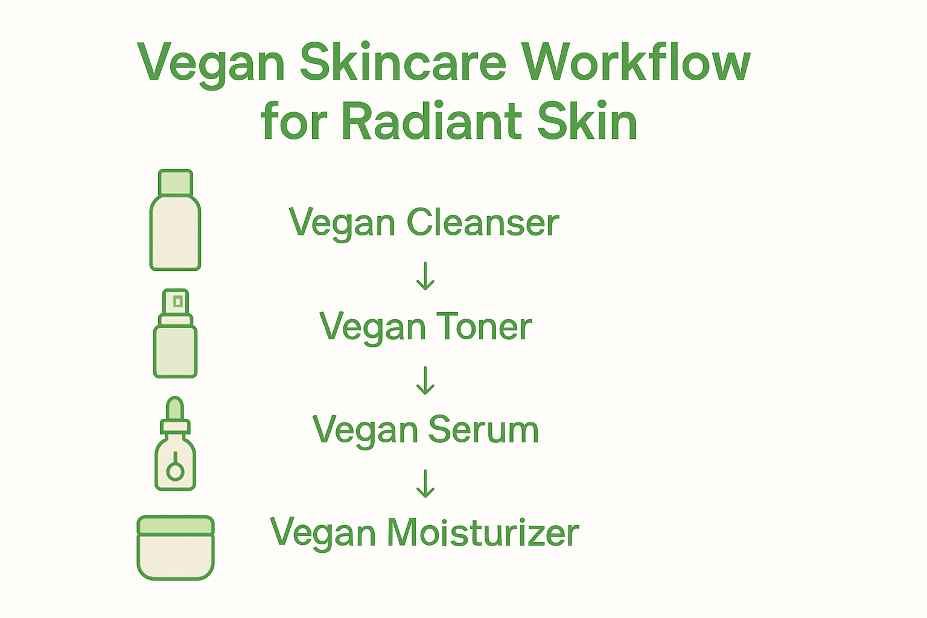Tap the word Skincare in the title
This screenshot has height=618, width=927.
tap(403, 62)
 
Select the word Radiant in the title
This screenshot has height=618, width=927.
tap(432, 122)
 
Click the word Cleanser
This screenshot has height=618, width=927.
tap(483, 223)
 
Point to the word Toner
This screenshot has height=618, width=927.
tap(483, 327)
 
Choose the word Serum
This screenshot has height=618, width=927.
tap(483, 430)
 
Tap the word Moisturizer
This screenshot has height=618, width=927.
tap(482, 533)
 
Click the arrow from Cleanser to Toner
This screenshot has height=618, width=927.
tap(425, 276)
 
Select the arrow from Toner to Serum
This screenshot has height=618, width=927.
tap(425, 380)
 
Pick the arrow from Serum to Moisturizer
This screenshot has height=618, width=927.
tap(425, 483)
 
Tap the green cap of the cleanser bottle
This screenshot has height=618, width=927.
tap(175, 182)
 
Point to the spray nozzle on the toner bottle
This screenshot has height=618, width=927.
tap(176, 301)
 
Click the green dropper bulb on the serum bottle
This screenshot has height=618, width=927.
tap(175, 409)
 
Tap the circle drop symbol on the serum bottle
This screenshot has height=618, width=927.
tap(175, 470)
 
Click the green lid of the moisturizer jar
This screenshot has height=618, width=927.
tap(175, 525)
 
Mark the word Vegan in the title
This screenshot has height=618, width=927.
tap(211, 63)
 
